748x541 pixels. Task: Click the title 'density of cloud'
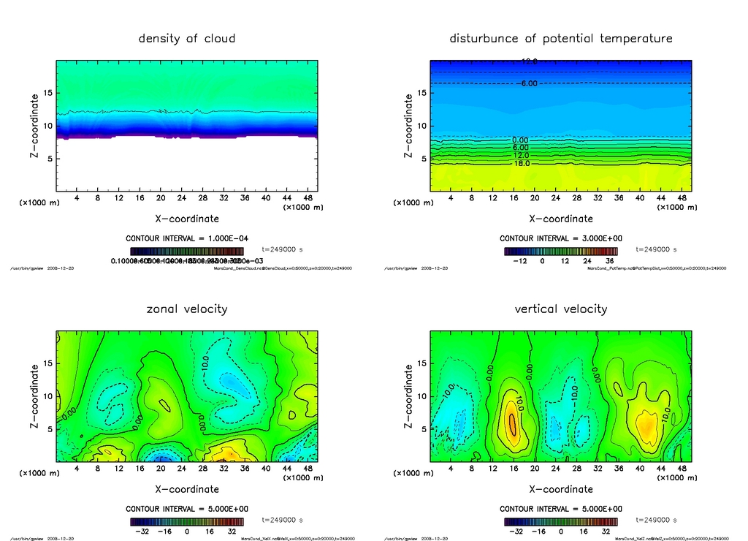187,38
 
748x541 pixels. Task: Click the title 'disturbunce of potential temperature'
560,38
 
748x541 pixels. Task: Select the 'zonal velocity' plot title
187,309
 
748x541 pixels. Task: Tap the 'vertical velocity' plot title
560,309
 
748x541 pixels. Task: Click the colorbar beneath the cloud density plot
187,251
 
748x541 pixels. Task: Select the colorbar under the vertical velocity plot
560,522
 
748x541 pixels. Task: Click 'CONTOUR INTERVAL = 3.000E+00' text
560,238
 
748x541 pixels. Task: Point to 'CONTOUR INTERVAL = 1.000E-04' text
187,238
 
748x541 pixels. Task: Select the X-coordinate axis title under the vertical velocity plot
560,489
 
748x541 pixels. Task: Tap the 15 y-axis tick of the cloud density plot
48,93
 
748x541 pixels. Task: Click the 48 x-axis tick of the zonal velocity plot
309,468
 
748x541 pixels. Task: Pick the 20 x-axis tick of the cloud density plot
161,197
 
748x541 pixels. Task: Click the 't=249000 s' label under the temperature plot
657,249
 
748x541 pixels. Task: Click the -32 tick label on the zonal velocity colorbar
142,531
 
